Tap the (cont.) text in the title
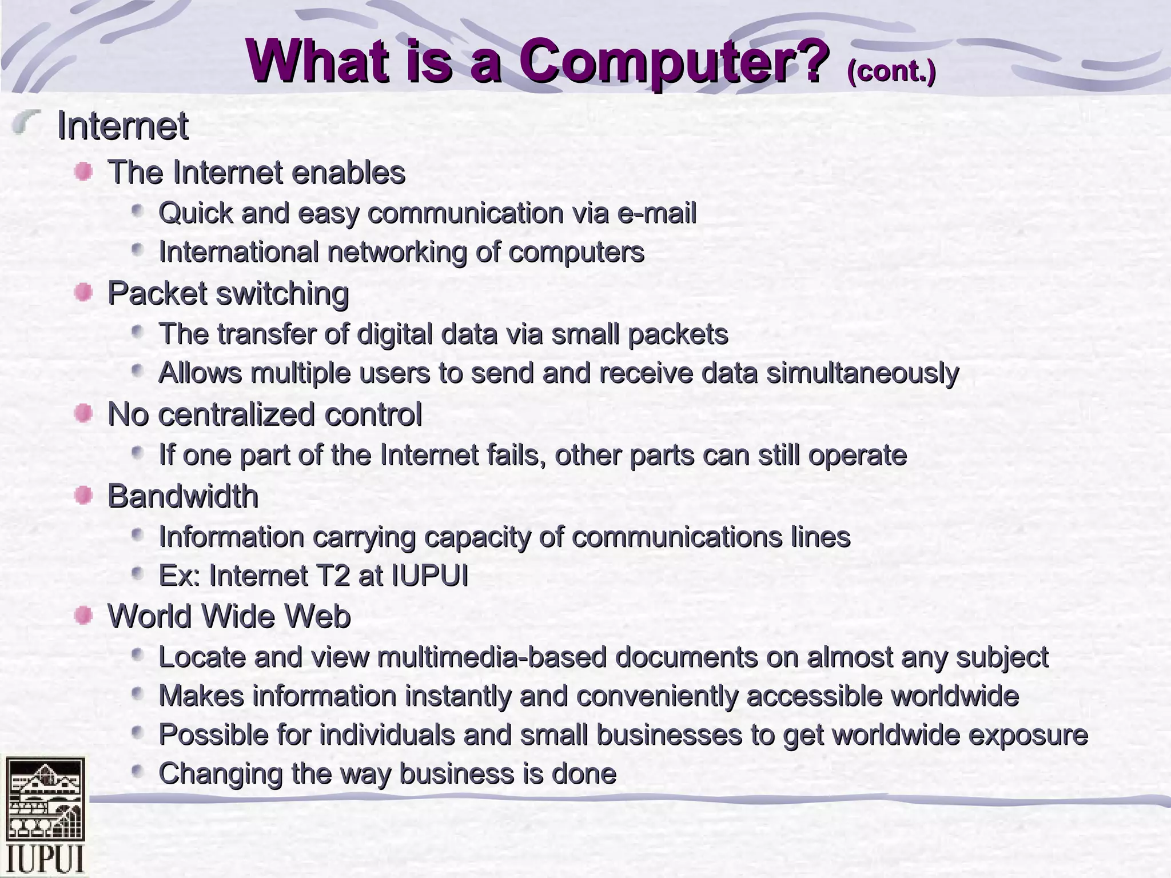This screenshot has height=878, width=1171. [891, 71]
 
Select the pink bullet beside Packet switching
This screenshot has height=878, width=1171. [83, 293]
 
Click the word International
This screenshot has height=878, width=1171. [238, 252]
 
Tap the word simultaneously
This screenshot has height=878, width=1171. [862, 374]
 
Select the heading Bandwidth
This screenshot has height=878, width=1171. [183, 496]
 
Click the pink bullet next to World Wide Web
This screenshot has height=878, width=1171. [83, 616]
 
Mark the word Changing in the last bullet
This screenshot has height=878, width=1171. [220, 774]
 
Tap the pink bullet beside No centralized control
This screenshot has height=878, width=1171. [83, 413]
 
